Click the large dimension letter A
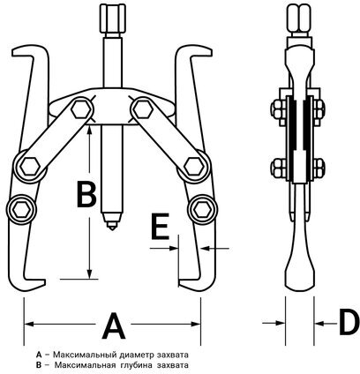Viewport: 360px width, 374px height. tap(114, 325)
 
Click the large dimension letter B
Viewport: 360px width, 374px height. tap(86, 194)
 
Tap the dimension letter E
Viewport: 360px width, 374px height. tap(160, 226)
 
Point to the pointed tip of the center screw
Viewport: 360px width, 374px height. tap(111, 228)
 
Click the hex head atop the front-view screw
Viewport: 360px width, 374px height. tap(112, 19)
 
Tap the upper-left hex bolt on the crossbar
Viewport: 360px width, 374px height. tap(81, 109)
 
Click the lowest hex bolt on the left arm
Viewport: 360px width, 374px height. tap(21, 210)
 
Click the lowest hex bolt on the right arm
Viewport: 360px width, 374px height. tap(203, 210)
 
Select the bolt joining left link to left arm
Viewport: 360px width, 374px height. tap(30, 167)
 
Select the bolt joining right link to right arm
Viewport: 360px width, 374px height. tap(194, 167)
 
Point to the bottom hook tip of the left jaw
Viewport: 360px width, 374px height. tap(44, 282)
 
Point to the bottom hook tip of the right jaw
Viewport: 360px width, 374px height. tap(179, 283)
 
